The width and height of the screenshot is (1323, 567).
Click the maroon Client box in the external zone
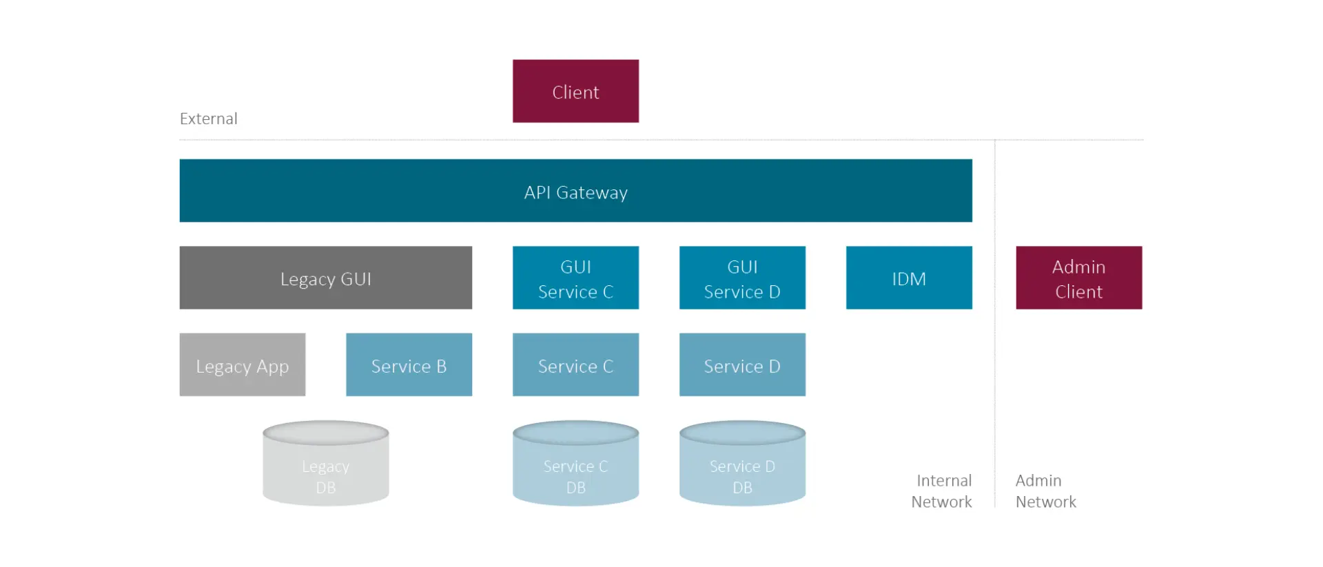[x=575, y=91]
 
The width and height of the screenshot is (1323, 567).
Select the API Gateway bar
[x=575, y=191]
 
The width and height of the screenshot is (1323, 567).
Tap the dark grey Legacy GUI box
[x=325, y=278]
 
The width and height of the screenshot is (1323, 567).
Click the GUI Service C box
[x=575, y=278]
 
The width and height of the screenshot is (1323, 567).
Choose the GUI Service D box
[x=742, y=278]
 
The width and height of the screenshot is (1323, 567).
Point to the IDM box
[x=909, y=278]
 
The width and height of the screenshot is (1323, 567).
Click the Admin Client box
[x=1078, y=278]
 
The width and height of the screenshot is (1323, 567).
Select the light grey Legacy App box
[x=242, y=364]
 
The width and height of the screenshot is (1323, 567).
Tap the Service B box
[x=409, y=364]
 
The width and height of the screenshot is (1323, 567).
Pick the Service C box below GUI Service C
[x=575, y=364]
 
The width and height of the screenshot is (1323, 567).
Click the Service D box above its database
[x=742, y=364]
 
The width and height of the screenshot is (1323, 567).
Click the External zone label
[x=208, y=118]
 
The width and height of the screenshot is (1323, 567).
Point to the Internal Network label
[x=942, y=491]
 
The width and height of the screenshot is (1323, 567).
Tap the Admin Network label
[x=1045, y=491]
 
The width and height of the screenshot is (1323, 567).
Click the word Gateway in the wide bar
[x=592, y=193]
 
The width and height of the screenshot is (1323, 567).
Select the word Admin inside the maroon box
[x=1078, y=267]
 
